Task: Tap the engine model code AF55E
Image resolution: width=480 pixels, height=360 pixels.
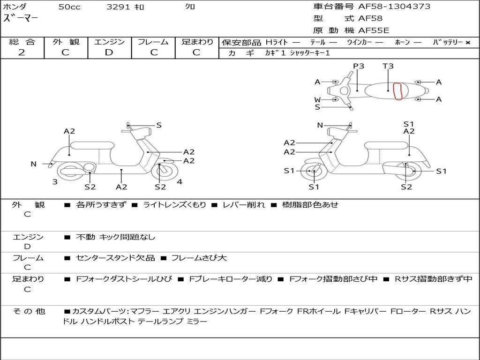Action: tap(374, 30)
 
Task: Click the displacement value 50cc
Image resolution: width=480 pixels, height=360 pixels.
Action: tap(69, 7)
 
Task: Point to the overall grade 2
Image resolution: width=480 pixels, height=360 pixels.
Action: tap(22, 52)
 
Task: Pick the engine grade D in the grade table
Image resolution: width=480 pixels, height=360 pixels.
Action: tap(109, 52)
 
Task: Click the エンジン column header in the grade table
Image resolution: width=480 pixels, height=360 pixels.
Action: tap(109, 42)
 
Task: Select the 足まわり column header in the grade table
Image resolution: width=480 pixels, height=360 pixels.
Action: tap(197, 42)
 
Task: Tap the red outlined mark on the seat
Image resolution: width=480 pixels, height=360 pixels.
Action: tap(397, 91)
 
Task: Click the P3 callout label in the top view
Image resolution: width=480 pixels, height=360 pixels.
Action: tap(359, 66)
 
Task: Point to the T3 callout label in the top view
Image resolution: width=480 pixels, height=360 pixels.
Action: tap(388, 66)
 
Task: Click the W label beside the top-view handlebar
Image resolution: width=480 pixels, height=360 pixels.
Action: tap(317, 99)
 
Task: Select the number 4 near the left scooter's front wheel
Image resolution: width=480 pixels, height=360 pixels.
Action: tap(180, 181)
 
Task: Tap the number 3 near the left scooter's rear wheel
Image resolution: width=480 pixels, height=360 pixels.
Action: tap(55, 181)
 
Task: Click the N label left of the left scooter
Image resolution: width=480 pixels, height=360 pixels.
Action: tap(33, 164)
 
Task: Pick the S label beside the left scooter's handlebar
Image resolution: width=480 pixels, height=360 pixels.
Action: tap(159, 125)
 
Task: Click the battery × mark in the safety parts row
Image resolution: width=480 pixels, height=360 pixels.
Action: tap(467, 42)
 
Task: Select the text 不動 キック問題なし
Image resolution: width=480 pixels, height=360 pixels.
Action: tap(115, 237)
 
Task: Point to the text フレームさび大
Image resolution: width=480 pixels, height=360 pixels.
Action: tap(199, 258)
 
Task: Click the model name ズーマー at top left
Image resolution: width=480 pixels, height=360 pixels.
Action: tap(21, 18)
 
